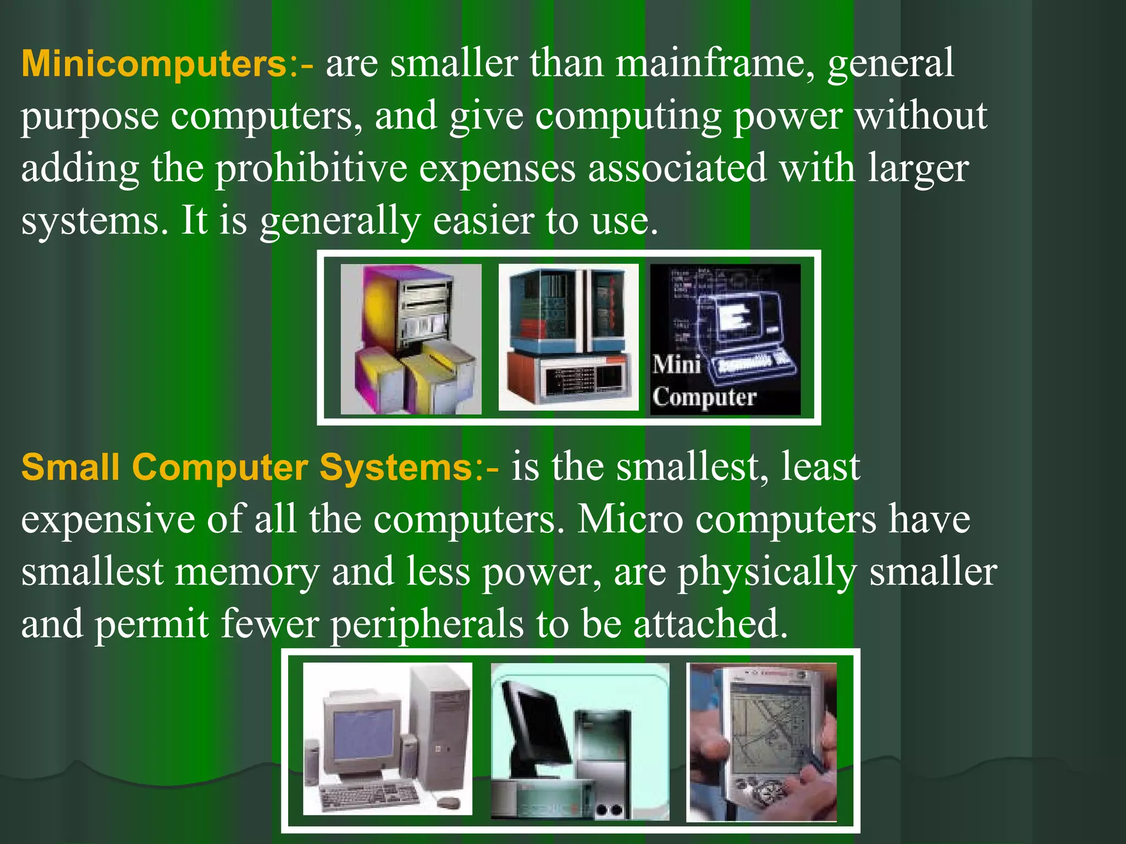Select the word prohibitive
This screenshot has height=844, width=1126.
tap(311, 168)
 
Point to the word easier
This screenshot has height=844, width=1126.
tap(483, 221)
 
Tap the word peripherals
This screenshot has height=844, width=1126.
tap(427, 625)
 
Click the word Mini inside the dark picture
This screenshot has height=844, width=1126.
tap(676, 364)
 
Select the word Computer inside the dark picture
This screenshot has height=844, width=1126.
tap(704, 397)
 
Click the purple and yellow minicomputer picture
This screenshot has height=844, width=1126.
tap(411, 339)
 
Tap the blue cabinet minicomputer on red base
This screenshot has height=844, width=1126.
tap(568, 337)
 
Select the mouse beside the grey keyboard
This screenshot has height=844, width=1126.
tap(446, 803)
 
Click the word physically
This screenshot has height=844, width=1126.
tap(766, 572)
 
